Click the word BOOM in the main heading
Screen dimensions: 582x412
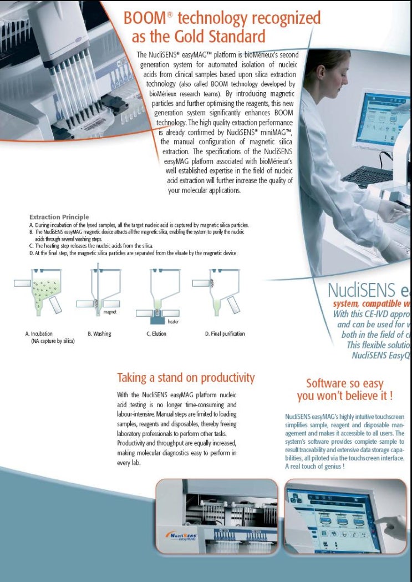coord(145,18)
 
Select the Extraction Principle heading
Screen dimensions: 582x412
coord(59,217)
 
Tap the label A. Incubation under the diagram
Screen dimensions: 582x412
coord(39,334)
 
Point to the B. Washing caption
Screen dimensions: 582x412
coord(99,334)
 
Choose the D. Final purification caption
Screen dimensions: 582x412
coord(225,334)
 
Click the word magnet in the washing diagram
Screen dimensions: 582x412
coord(110,312)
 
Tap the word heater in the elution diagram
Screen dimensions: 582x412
coord(172,322)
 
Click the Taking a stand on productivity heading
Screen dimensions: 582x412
coord(186,378)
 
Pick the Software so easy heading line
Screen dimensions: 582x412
coord(344,383)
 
